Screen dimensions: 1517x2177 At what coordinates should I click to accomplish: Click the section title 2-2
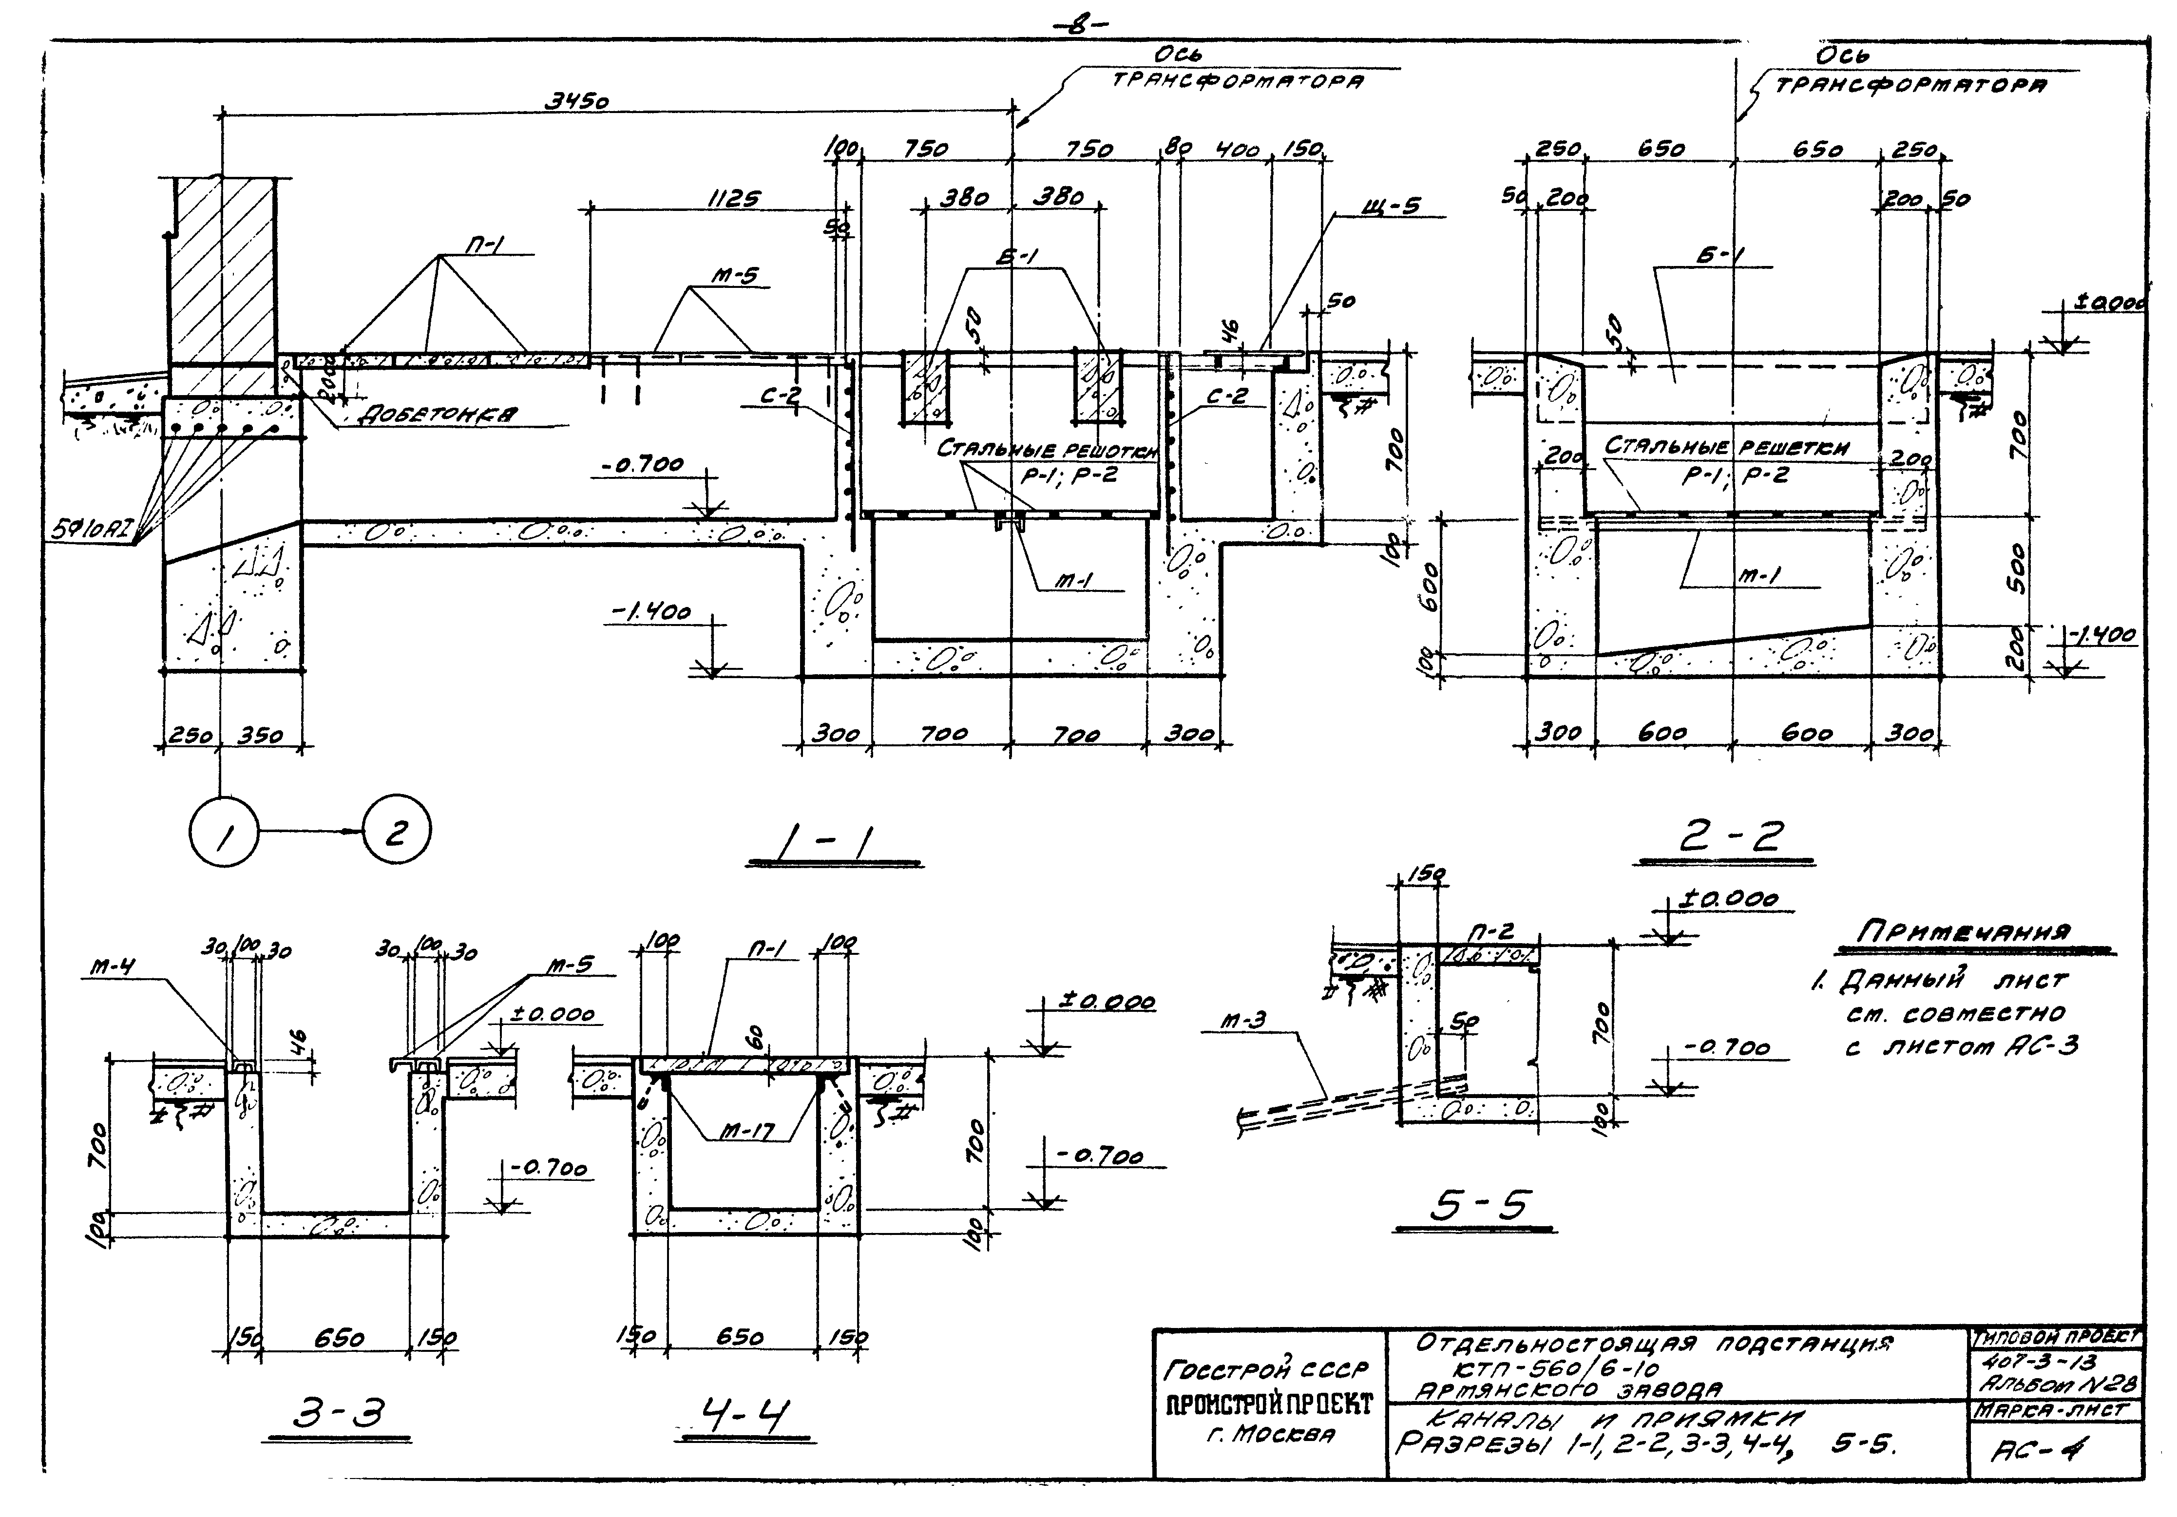click(x=1731, y=836)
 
